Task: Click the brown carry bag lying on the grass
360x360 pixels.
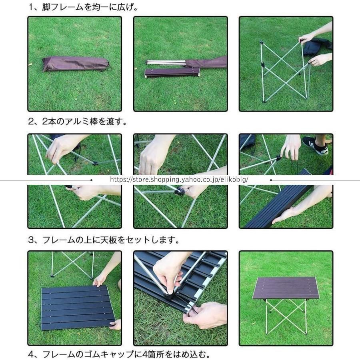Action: tap(75, 64)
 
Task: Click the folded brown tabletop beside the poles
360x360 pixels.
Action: tap(172, 73)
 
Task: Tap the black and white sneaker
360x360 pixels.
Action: tap(315, 146)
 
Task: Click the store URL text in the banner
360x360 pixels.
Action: tap(179, 179)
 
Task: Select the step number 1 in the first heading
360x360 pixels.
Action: tap(31, 7)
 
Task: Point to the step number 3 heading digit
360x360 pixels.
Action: tap(31, 240)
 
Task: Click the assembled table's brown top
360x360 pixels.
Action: tap(286, 288)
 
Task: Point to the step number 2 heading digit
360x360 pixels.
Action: tap(31, 122)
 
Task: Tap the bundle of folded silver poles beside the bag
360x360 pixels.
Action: tap(166, 63)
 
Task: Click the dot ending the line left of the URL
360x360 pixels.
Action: tap(91, 180)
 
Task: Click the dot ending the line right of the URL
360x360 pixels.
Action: tap(271, 180)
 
